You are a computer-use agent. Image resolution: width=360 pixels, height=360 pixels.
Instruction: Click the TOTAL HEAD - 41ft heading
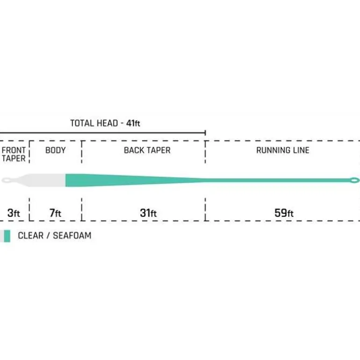click(x=105, y=123)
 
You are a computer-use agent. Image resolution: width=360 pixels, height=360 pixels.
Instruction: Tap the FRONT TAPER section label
click(x=14, y=154)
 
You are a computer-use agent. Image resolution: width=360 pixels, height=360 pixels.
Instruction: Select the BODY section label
click(x=55, y=150)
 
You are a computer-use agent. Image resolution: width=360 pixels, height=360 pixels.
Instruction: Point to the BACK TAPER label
click(x=147, y=150)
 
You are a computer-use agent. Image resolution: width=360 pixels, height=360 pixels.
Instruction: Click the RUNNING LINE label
click(x=283, y=150)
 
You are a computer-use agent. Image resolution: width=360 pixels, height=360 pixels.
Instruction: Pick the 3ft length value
click(x=14, y=213)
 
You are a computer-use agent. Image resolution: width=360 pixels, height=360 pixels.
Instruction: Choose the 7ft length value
click(x=55, y=213)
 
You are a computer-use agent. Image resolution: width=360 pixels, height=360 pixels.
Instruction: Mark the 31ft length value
click(x=148, y=213)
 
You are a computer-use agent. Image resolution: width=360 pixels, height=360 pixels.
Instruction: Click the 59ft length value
click(x=284, y=213)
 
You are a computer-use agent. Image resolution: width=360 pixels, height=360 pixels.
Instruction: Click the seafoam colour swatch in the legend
click(x=7, y=236)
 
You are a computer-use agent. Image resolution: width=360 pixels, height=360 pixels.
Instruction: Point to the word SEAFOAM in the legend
click(x=72, y=236)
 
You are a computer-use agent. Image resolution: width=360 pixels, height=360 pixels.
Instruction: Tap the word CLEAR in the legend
click(x=30, y=236)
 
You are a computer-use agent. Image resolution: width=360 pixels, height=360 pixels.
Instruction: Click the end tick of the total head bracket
click(x=205, y=133)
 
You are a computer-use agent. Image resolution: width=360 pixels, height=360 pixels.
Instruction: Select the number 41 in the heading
click(x=130, y=123)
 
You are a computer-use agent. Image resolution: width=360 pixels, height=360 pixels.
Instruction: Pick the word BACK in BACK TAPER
click(x=132, y=150)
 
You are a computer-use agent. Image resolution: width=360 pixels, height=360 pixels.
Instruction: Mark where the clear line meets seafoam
click(x=65, y=180)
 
